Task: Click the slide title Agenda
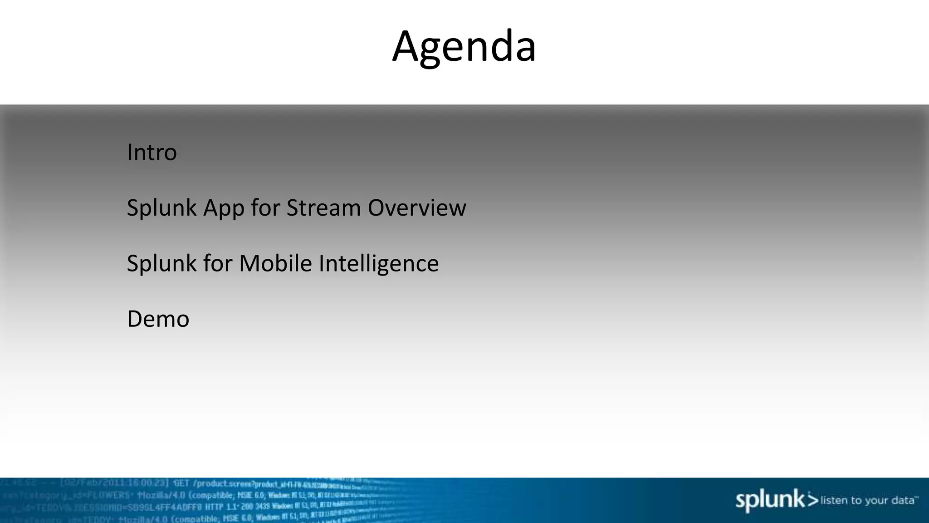[464, 47]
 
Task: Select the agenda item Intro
[152, 152]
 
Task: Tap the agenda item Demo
[158, 319]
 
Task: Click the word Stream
[323, 208]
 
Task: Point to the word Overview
[416, 208]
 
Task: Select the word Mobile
[275, 263]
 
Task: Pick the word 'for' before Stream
[265, 208]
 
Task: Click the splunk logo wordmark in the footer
[769, 500]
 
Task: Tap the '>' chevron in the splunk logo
[813, 500]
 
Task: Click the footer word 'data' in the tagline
[903, 500]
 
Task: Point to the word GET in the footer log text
[181, 483]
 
